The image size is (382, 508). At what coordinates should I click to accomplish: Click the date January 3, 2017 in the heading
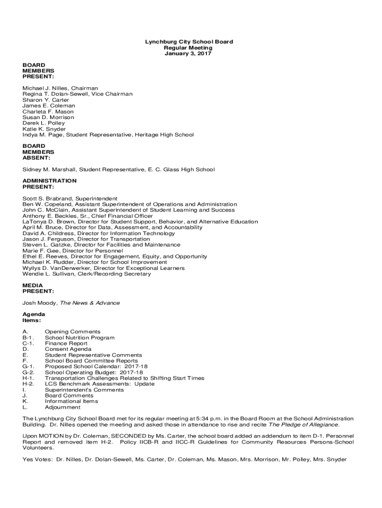click(188, 54)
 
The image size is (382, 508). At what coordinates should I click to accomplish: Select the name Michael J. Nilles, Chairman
click(60, 88)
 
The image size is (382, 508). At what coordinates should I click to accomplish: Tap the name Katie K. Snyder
click(44, 129)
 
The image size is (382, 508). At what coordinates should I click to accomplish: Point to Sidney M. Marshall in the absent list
click(50, 170)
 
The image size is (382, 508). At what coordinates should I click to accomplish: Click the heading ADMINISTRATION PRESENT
click(50, 184)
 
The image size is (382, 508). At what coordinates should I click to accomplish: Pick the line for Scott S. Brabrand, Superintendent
click(70, 198)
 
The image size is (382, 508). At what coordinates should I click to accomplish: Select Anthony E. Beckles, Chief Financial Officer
click(88, 216)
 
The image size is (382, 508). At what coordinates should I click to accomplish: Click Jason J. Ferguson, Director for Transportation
click(86, 239)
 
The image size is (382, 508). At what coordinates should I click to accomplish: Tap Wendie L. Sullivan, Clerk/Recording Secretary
click(87, 274)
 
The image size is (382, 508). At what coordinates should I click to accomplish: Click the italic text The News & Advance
click(90, 303)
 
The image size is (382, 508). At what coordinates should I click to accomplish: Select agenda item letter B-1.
click(28, 338)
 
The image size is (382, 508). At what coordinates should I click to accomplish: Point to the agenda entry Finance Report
click(66, 343)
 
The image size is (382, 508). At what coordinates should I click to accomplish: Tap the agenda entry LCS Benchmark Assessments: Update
click(100, 384)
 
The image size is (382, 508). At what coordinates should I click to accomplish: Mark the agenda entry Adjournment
click(63, 407)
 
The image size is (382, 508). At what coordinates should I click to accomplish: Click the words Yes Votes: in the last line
click(38, 459)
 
